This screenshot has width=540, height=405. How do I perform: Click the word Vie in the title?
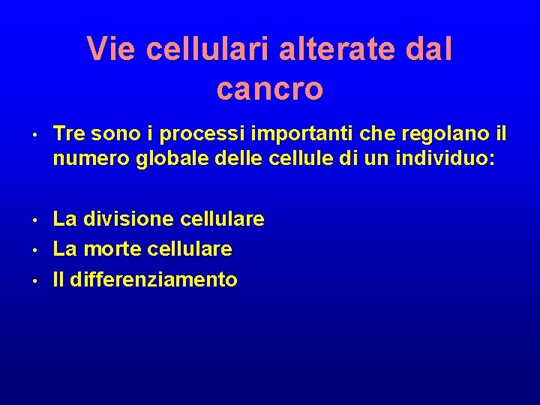[111, 49]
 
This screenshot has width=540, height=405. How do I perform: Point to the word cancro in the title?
[270, 88]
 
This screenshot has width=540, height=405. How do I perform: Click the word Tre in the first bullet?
[68, 133]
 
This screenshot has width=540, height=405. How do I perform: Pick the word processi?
[178, 133]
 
